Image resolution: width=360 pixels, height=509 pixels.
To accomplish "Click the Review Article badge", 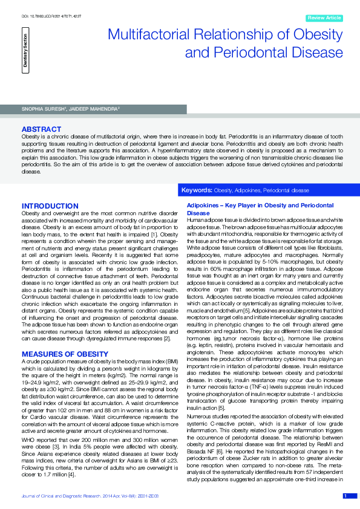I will click(324, 18).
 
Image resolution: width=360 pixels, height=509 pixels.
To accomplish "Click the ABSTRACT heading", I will click(41, 129).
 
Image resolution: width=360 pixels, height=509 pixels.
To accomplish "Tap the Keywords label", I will click(197, 190).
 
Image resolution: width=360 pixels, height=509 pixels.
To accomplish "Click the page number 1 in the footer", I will click(345, 496).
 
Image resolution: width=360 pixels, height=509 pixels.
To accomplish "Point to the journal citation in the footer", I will click(90, 496).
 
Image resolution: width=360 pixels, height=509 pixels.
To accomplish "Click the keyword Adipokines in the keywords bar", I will click(247, 190).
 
